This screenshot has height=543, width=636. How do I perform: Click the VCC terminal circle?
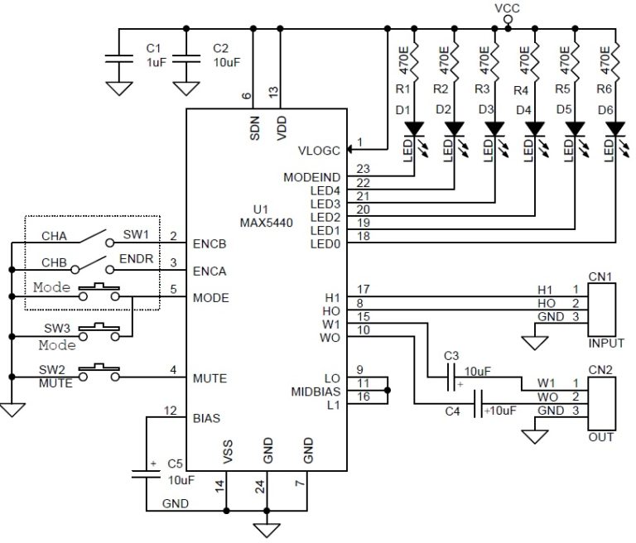coord(508,20)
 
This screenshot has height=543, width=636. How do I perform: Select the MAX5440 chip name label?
coord(266,223)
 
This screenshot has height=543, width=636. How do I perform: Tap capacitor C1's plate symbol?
coord(119,59)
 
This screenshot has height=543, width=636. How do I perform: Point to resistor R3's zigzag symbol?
coord(494,60)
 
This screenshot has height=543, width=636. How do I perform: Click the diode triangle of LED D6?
coord(615,129)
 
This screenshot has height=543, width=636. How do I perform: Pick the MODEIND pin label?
coord(312,178)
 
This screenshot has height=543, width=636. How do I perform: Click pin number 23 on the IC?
coord(363,169)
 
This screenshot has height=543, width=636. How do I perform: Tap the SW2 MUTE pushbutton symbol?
coord(99,372)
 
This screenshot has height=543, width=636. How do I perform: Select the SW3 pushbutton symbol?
coord(99,332)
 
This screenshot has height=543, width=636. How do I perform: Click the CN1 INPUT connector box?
coord(602,310)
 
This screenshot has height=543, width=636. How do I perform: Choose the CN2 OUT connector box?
coord(602,403)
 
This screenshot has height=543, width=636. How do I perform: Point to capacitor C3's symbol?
coord(451,377)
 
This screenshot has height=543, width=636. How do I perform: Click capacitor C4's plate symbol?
coord(478,404)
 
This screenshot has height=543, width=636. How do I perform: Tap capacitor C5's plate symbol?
coord(146,473)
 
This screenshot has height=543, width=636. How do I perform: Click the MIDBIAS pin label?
coord(316,392)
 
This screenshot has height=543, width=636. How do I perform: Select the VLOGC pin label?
coord(319,151)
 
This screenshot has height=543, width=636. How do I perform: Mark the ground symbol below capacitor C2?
coord(186,89)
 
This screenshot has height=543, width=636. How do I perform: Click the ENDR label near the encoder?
coord(137,259)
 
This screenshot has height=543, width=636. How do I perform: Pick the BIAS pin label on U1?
coord(206,418)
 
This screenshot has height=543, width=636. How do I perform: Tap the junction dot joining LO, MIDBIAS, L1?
coord(388,391)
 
